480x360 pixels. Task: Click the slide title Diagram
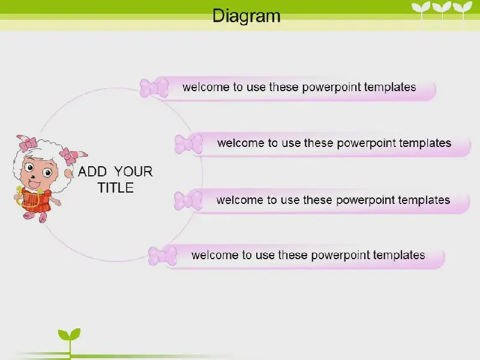click(x=247, y=16)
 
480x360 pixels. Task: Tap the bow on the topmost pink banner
click(x=154, y=88)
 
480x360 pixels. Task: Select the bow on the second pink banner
click(x=189, y=144)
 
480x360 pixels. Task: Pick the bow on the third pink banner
click(x=188, y=200)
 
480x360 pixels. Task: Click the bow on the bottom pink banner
click(x=163, y=256)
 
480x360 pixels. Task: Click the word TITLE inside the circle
click(x=116, y=188)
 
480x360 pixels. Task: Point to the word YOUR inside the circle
click(x=133, y=172)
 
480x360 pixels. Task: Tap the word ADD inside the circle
click(x=92, y=172)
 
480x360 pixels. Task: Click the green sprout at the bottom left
click(x=70, y=342)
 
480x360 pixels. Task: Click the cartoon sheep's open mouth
click(x=34, y=185)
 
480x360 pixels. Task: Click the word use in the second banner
click(x=290, y=143)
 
